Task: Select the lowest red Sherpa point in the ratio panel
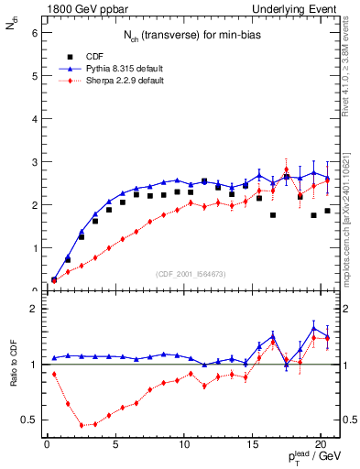[82, 425]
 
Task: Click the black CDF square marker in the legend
[55, 55]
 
